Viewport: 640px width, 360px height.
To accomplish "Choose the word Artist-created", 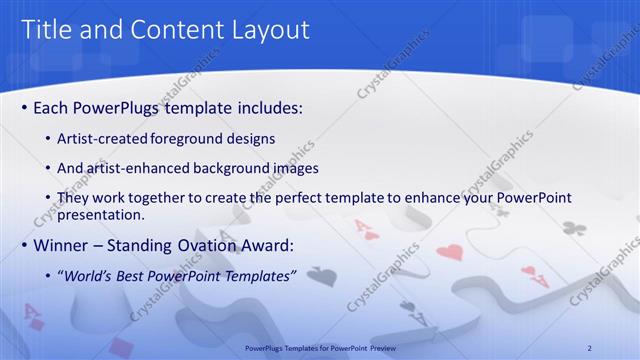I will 98,138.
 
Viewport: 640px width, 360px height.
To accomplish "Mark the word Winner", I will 62,244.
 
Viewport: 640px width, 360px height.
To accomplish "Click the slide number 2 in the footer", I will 589,347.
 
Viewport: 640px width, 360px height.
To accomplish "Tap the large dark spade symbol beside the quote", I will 320,275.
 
